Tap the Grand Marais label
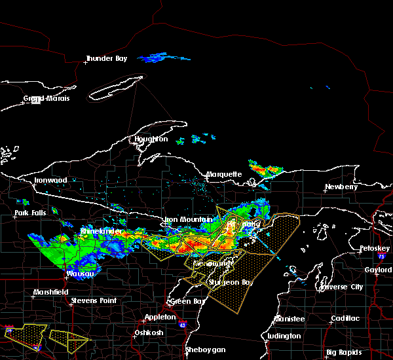click(x=47, y=99)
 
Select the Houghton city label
click(x=151, y=139)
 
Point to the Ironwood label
click(x=51, y=180)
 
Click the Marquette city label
click(x=225, y=175)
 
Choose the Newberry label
click(x=341, y=187)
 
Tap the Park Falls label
click(x=32, y=214)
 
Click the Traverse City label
click(x=341, y=287)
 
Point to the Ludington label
click(x=284, y=336)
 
